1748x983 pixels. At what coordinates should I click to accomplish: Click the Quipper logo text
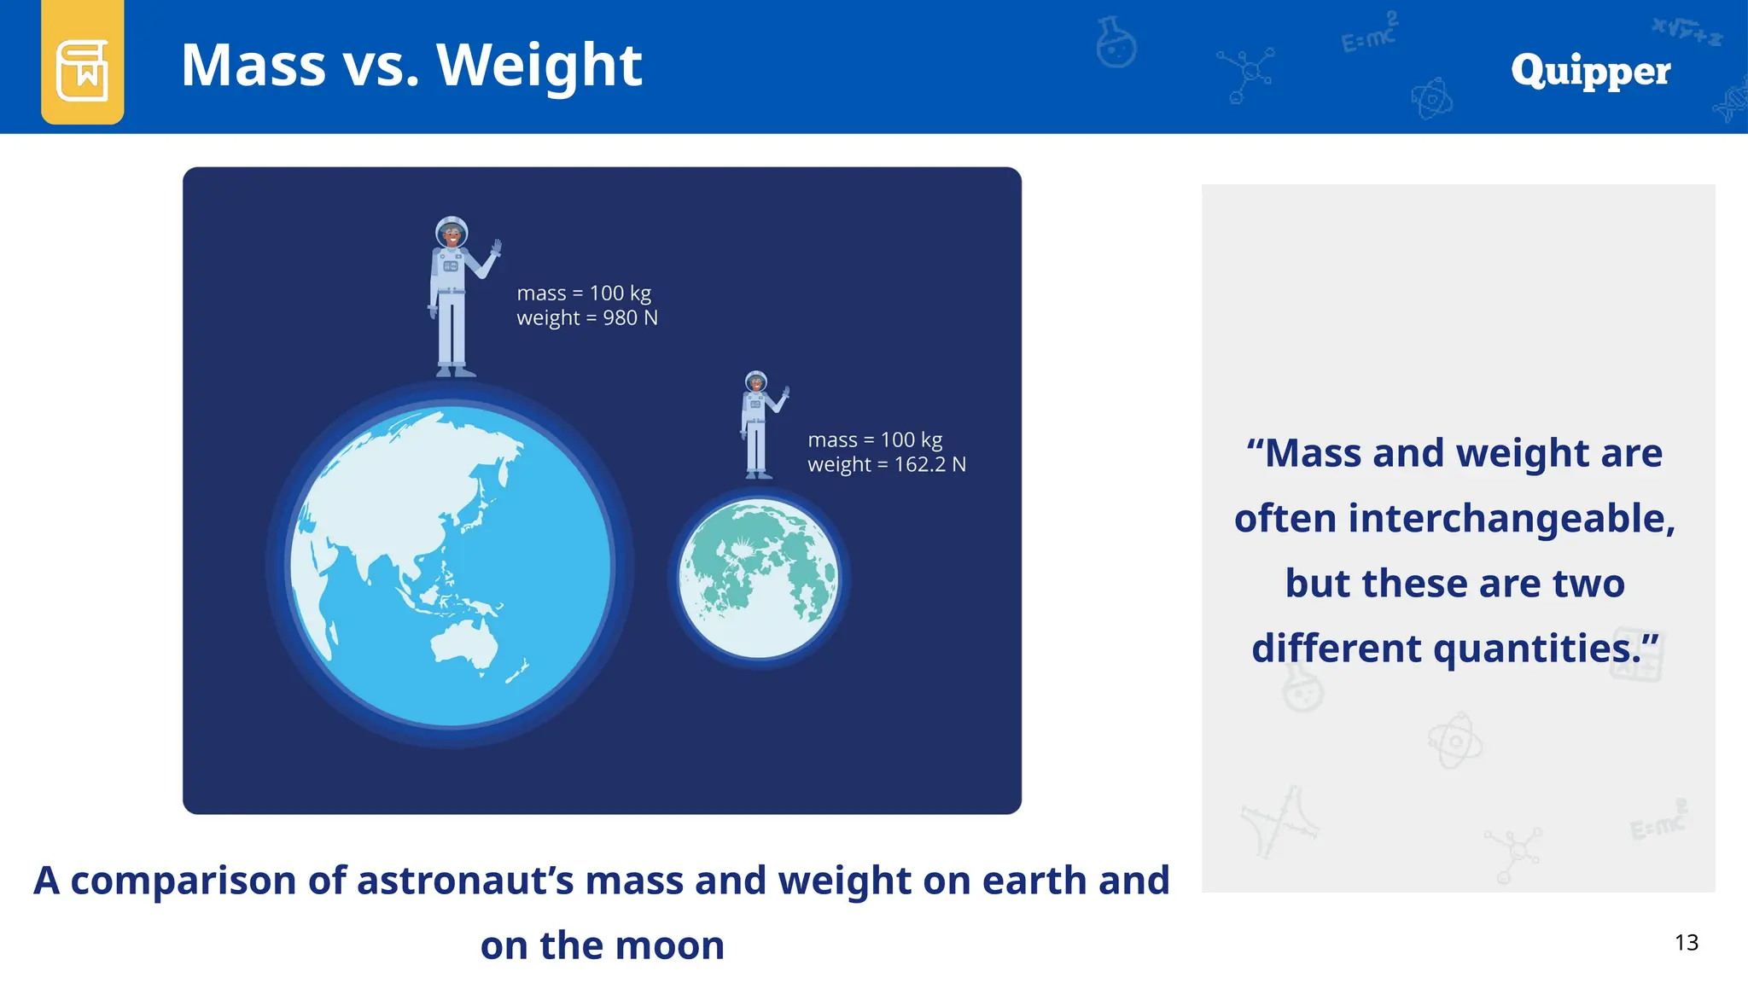click(1590, 71)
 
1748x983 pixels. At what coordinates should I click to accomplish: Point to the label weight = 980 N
click(587, 318)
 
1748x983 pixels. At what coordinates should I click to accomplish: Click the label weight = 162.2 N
click(887, 465)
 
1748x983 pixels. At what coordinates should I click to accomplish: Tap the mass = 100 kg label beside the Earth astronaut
click(584, 293)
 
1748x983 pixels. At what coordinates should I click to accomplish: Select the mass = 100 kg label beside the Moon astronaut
click(875, 439)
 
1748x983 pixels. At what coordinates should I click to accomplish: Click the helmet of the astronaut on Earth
click(452, 231)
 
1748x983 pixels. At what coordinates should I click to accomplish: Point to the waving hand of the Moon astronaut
click(785, 394)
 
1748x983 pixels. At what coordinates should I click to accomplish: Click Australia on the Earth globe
click(465, 644)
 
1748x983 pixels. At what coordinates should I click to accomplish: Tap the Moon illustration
click(758, 579)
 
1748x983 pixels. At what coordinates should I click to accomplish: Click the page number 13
click(1686, 942)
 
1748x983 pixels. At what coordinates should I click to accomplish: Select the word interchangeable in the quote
click(1505, 518)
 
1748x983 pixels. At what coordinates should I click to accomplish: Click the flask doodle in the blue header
click(1116, 43)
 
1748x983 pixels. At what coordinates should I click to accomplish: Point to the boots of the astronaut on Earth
click(455, 371)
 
